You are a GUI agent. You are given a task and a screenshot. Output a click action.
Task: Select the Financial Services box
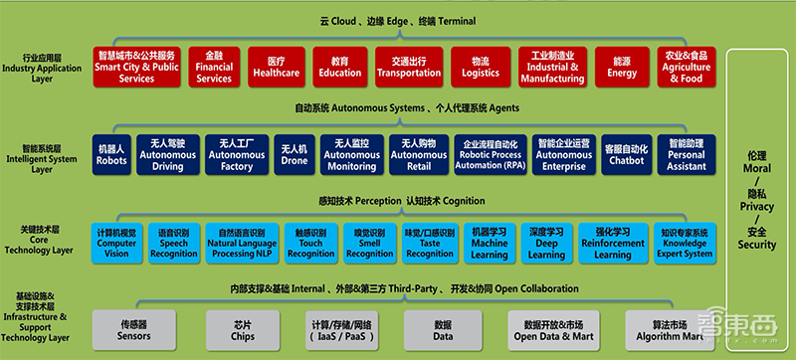point(213,65)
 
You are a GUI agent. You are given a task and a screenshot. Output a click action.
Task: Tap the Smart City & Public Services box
point(137,65)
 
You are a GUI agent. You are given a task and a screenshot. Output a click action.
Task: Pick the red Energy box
point(622,65)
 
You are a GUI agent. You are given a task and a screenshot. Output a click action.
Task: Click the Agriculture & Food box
point(687,65)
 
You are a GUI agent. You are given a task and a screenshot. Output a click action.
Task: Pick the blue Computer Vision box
point(116,242)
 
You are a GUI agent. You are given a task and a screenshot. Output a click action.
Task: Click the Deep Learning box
point(547,242)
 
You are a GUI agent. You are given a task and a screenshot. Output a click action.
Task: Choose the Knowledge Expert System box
point(685,242)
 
